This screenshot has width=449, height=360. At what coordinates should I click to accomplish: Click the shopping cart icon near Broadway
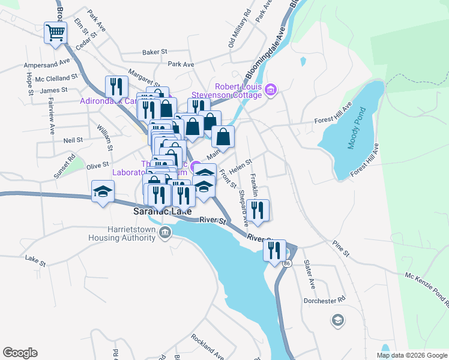[55, 33]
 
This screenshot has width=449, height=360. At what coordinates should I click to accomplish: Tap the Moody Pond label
[357, 128]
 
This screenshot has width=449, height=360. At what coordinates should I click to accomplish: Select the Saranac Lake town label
[162, 212]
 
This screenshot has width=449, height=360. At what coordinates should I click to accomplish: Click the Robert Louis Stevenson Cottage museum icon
[271, 90]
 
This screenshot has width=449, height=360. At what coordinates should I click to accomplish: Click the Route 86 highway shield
[288, 264]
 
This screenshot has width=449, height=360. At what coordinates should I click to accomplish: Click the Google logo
[20, 353]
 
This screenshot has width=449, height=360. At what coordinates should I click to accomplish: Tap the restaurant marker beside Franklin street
[258, 211]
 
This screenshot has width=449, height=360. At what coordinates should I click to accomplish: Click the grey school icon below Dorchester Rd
[337, 320]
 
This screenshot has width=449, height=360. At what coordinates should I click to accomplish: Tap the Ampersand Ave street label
[47, 64]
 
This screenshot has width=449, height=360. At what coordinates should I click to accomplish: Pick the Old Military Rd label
[238, 29]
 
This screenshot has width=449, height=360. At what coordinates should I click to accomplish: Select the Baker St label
[154, 52]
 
